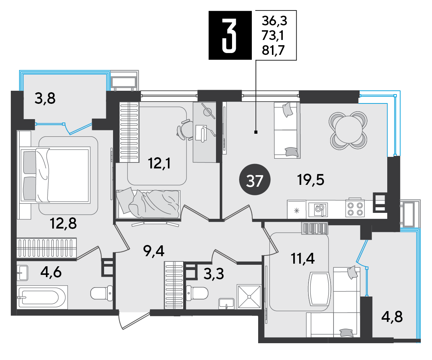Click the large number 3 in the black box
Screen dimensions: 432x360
[x=229, y=35]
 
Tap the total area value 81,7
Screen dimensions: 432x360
[x=273, y=50]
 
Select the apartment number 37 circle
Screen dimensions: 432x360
[x=255, y=180]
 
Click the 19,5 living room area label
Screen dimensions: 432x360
[x=310, y=180]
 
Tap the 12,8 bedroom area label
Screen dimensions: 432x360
[x=63, y=223]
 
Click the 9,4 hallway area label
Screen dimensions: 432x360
[x=154, y=251]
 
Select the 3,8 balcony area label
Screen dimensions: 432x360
[x=45, y=98]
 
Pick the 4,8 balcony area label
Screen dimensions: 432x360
[x=392, y=317]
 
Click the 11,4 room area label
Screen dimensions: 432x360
[x=303, y=259]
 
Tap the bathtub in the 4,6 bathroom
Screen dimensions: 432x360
[x=42, y=297]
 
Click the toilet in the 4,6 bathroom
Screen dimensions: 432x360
[x=101, y=293]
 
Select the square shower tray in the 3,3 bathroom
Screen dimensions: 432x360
[x=249, y=297]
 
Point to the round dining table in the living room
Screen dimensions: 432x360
[x=348, y=130]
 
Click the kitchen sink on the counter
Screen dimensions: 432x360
[x=318, y=210]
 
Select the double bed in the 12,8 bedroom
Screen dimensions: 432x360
[x=56, y=175]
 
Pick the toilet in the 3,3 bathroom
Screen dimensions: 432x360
[x=197, y=293]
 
